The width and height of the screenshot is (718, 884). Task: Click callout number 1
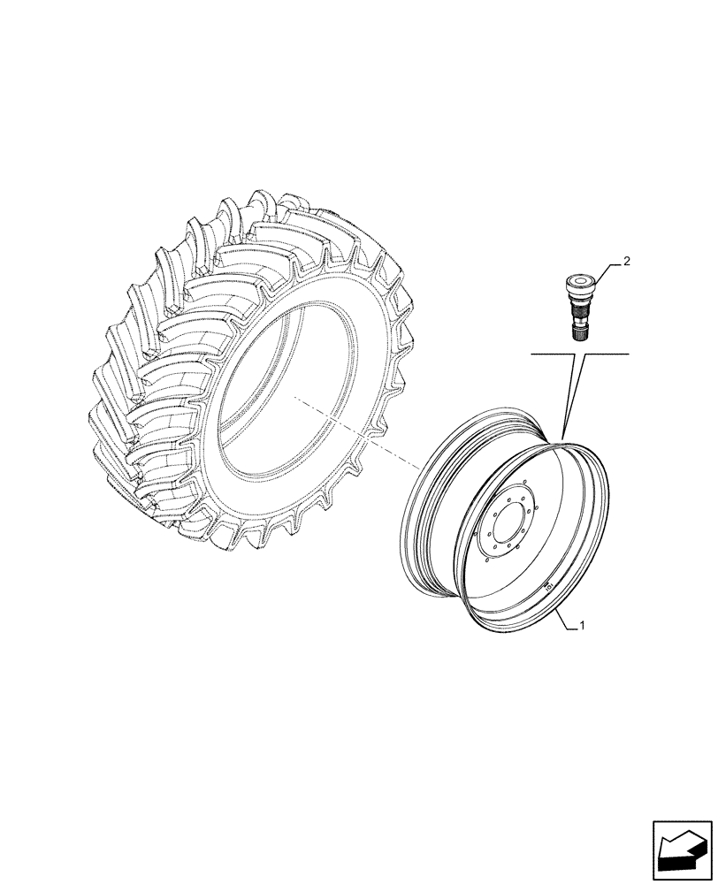[584, 626]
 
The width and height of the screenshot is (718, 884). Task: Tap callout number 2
[626, 262]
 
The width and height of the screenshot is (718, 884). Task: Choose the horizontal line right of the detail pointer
[606, 354]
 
